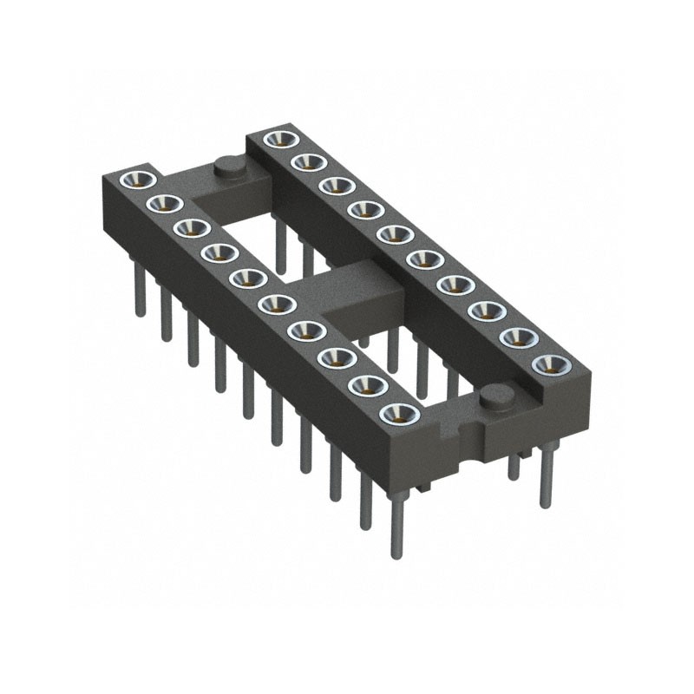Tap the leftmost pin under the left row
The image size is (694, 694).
click(x=139, y=295)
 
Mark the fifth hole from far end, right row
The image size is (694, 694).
click(x=395, y=233)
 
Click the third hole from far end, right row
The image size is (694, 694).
click(x=337, y=185)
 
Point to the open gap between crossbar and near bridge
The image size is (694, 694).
click(x=416, y=347)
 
